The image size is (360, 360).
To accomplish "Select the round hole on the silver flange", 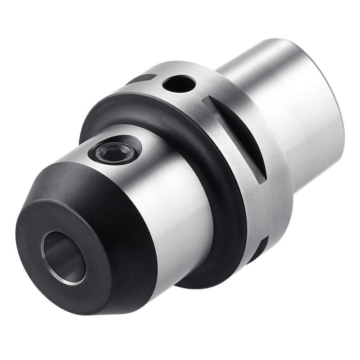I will (x=179, y=83).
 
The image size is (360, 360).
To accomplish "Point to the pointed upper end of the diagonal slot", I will (x=205, y=99).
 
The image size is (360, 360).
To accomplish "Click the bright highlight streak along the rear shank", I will (x=288, y=90).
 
